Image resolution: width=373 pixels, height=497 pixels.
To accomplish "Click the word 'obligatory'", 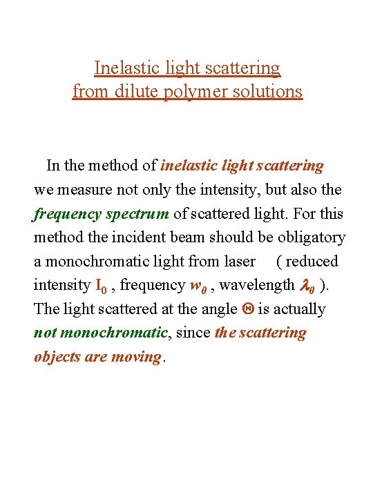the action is click(x=310, y=237).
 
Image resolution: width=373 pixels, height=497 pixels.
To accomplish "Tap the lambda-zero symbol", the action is click(x=307, y=285).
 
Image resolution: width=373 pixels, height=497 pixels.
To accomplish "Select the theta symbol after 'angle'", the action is click(x=247, y=309).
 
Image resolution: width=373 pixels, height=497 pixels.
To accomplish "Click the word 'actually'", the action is click(x=298, y=309).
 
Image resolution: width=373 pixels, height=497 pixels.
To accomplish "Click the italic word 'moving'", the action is click(x=138, y=358).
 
